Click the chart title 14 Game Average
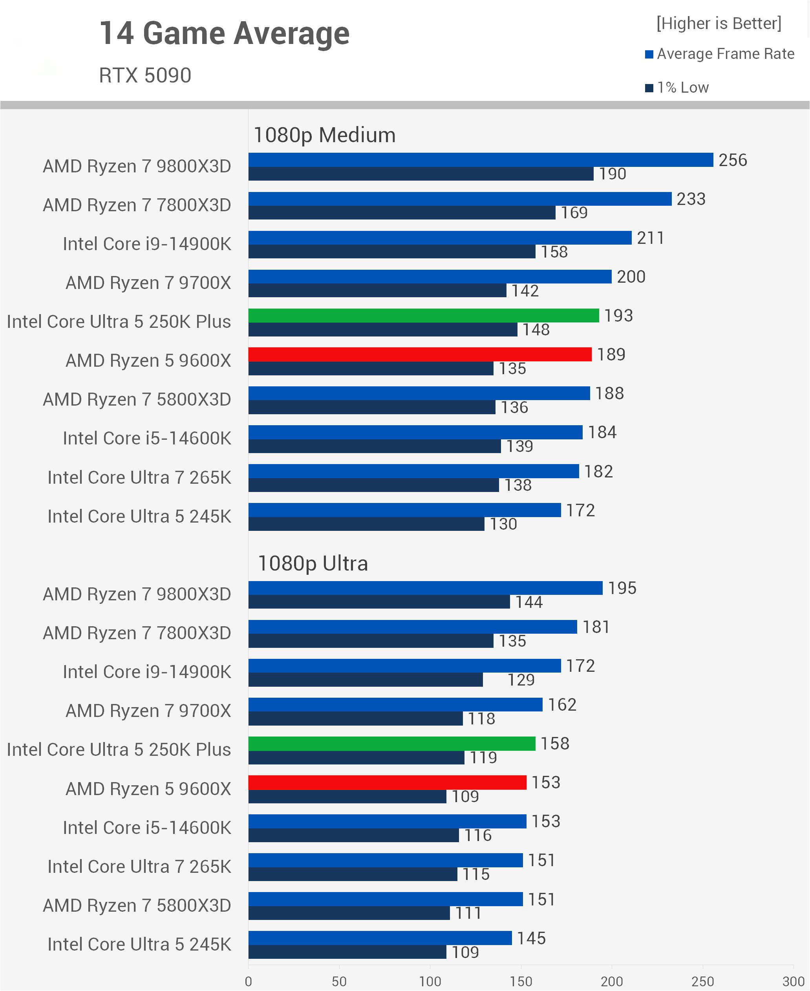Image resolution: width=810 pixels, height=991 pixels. coord(225,34)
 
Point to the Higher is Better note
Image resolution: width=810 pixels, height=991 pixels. coord(719,23)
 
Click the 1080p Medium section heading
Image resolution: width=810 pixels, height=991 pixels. coord(324,135)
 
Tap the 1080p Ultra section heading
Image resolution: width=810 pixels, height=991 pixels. coord(313,563)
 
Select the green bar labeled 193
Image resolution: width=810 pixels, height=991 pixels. coord(423,315)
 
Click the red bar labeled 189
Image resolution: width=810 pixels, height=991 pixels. coord(420,354)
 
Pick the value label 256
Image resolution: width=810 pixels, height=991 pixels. coord(733,160)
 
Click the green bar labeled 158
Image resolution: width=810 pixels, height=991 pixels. coord(391,743)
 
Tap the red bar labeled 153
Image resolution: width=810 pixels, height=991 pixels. coord(387,782)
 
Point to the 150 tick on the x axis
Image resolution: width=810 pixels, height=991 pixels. coord(521,981)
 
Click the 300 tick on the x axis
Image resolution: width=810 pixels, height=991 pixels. coord(793,981)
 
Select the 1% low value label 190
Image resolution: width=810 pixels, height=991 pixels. coord(612,174)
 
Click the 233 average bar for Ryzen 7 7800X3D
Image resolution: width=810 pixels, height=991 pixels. coord(460,199)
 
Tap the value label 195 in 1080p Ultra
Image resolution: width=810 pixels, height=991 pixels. coord(622,588)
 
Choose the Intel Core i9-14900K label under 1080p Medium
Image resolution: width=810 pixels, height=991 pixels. coord(147,244)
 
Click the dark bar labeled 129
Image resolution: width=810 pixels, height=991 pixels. coord(365,680)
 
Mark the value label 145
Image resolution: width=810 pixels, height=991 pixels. coord(531,938)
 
